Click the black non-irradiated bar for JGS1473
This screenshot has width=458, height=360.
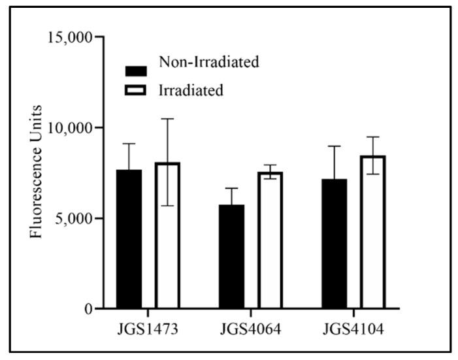tap(129, 239)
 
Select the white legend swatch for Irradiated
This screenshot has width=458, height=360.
tap(137, 89)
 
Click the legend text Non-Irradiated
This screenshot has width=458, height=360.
tap(209, 63)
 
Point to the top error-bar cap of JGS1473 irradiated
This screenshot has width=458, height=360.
tap(167, 119)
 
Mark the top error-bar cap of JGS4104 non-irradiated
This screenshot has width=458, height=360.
tap(335, 146)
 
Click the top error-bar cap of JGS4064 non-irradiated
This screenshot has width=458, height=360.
tap(232, 188)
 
